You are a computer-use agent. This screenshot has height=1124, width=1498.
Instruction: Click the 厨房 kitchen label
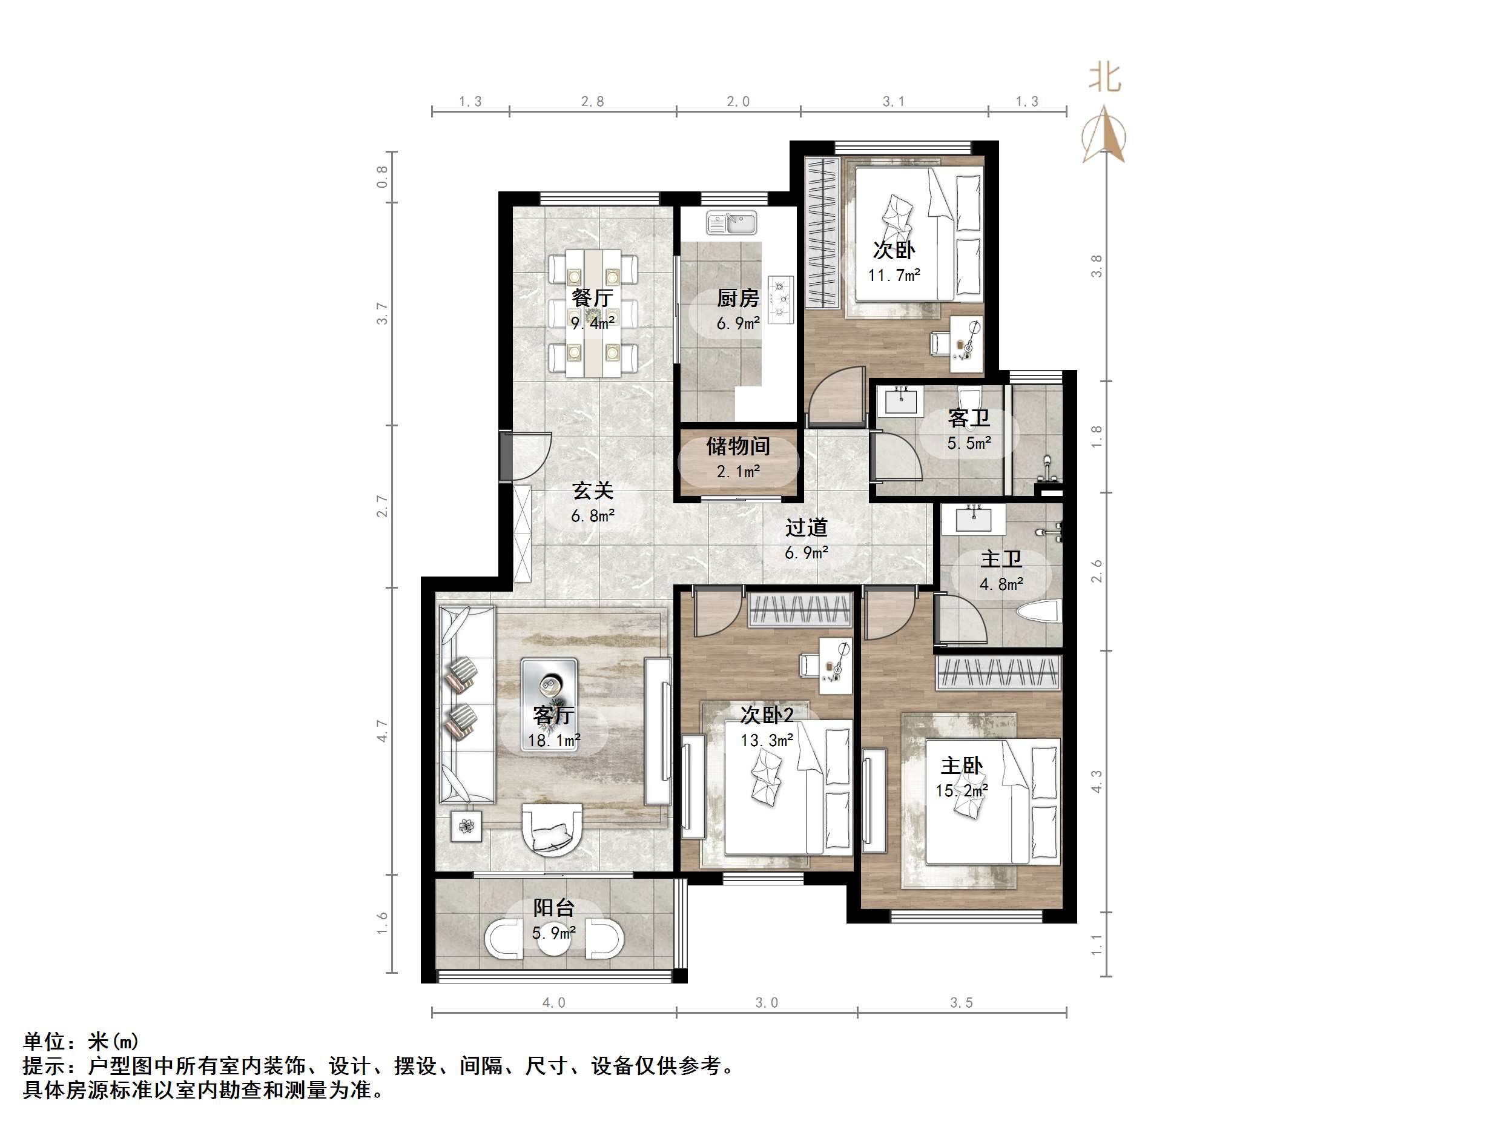737,298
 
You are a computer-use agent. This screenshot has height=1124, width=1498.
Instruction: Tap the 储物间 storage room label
737,446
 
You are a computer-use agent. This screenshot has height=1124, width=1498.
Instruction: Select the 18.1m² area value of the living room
553,741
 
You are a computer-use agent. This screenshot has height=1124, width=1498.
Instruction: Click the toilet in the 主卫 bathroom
1037,612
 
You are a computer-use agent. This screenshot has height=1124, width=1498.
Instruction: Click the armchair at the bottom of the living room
552,830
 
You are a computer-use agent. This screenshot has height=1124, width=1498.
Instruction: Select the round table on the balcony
554,938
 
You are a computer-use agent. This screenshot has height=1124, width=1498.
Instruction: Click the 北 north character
1104,78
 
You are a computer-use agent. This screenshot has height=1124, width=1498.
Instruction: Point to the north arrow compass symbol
1104,136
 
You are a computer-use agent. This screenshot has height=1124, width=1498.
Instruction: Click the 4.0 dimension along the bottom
554,1003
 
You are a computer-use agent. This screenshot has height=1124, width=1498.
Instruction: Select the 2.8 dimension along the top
593,102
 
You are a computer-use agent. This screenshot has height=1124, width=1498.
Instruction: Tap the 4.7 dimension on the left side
383,730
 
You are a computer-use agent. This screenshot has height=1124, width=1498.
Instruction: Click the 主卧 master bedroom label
962,765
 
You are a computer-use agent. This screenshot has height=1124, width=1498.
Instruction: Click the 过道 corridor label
806,527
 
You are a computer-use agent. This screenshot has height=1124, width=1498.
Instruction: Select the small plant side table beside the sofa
467,826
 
